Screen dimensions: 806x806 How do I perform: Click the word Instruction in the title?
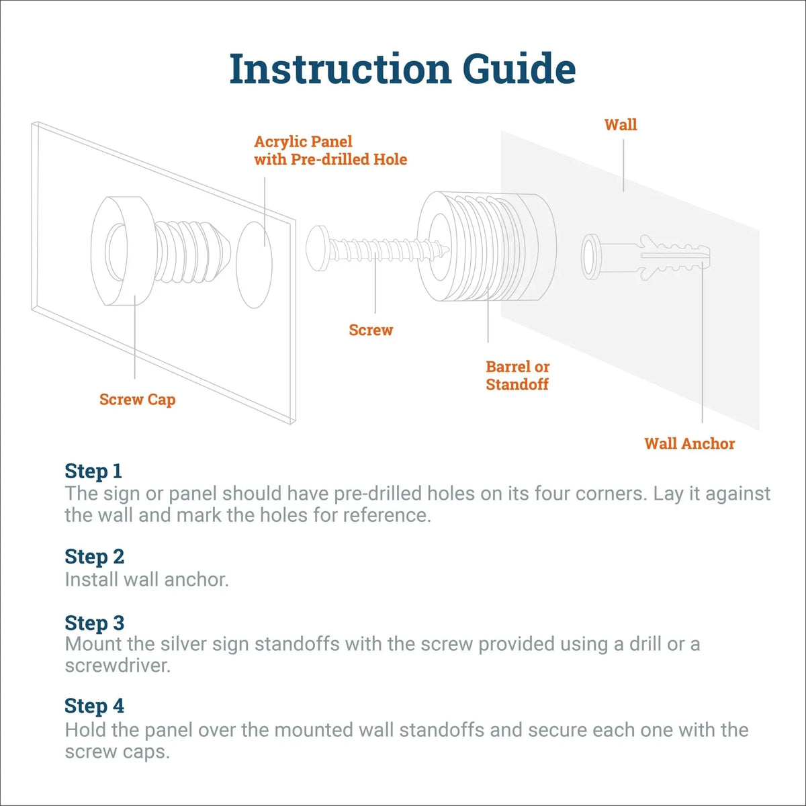(x=341, y=69)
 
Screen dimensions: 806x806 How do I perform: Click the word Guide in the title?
(x=520, y=69)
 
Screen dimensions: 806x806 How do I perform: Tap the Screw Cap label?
(x=138, y=400)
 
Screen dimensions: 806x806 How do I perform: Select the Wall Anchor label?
(x=689, y=443)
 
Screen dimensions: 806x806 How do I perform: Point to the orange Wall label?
(x=621, y=125)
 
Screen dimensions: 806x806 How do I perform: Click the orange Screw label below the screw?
(x=371, y=330)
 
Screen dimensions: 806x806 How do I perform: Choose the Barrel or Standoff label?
(x=517, y=375)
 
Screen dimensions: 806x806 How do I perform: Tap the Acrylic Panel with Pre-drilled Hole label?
(x=330, y=150)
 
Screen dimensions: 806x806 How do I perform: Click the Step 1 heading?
(x=93, y=472)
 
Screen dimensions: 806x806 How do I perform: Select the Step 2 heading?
(x=95, y=557)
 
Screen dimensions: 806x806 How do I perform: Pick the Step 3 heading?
(x=95, y=623)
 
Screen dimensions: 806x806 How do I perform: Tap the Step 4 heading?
(x=95, y=706)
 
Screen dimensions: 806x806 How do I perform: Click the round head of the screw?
(x=318, y=249)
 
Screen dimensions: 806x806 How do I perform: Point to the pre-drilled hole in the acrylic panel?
(x=255, y=265)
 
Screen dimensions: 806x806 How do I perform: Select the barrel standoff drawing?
(x=487, y=248)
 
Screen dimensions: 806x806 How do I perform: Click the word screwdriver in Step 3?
(x=118, y=666)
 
